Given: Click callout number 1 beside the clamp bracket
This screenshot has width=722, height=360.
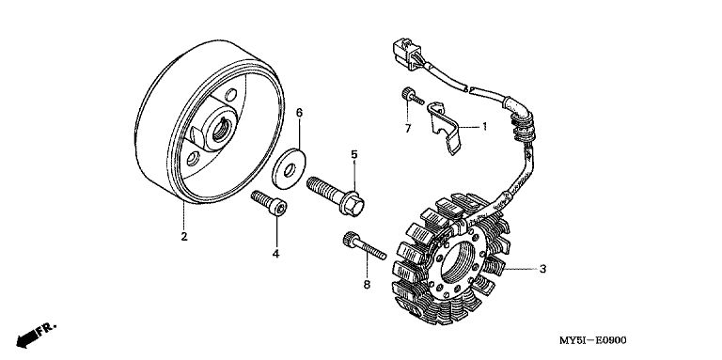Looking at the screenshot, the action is pyautogui.click(x=484, y=126).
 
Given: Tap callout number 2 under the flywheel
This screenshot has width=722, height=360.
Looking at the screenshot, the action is pyautogui.click(x=184, y=237).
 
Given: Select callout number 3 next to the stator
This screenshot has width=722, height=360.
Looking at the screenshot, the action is pyautogui.click(x=542, y=269).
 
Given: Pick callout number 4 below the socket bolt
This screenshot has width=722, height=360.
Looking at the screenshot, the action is pyautogui.click(x=275, y=254).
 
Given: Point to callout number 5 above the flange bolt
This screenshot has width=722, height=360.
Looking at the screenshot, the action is pyautogui.click(x=354, y=155).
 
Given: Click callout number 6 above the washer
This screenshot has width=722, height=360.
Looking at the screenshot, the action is pyautogui.click(x=299, y=113).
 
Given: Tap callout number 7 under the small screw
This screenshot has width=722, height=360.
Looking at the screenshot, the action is pyautogui.click(x=408, y=129).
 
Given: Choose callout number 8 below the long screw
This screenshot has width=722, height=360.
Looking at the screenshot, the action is pyautogui.click(x=367, y=285).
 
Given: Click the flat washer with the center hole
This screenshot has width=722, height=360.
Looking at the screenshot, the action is pyautogui.click(x=289, y=168).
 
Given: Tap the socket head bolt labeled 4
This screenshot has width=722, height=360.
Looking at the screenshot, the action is pyautogui.click(x=269, y=202).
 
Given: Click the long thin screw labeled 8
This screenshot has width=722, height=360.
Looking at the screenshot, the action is pyautogui.click(x=364, y=246).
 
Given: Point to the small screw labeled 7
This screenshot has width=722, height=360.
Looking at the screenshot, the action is pyautogui.click(x=412, y=96).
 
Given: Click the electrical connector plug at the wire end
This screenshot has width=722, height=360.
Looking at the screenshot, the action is pyautogui.click(x=407, y=53).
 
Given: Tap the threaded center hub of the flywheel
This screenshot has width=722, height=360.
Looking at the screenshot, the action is pyautogui.click(x=221, y=129).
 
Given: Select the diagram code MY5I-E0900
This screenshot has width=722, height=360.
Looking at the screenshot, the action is pyautogui.click(x=592, y=340).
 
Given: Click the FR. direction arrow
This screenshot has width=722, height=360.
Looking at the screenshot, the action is pyautogui.click(x=36, y=335).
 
